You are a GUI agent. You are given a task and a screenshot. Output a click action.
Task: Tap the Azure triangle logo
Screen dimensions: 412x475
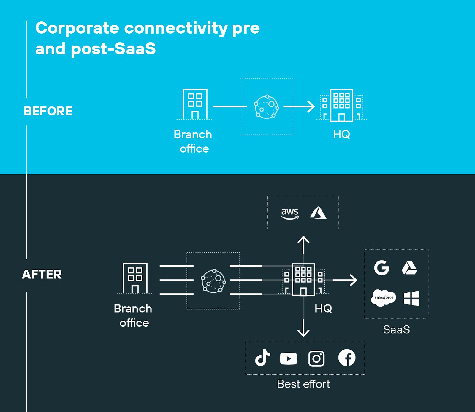point(318,213)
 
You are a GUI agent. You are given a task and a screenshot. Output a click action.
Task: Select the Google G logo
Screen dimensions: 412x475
point(381,268)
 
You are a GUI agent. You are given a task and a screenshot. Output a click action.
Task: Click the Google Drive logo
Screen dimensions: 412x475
point(409,268)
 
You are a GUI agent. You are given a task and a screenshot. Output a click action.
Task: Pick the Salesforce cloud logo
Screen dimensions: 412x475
point(383,298)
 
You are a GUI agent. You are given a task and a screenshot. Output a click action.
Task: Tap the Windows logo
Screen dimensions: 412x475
point(411,298)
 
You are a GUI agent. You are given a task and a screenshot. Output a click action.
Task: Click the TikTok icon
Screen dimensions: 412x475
point(262,358)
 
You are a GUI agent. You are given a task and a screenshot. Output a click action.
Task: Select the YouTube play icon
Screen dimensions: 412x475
point(288,358)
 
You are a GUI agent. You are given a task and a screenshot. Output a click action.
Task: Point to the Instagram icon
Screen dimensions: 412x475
point(316,358)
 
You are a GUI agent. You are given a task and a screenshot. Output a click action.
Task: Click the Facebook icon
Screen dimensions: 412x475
point(347,358)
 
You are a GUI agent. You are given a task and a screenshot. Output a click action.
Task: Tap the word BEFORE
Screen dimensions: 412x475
point(48,111)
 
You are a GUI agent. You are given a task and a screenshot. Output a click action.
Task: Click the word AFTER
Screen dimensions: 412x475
point(42,274)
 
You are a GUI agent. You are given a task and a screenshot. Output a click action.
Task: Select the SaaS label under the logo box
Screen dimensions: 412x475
point(396,330)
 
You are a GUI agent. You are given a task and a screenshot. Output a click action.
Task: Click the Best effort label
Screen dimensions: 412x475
point(303,384)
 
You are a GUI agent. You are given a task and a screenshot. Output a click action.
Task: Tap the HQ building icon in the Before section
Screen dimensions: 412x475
point(342,106)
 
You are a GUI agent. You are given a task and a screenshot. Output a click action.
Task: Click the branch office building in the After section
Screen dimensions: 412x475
point(135,278)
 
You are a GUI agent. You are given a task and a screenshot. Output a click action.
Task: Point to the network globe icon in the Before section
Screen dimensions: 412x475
point(266,107)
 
